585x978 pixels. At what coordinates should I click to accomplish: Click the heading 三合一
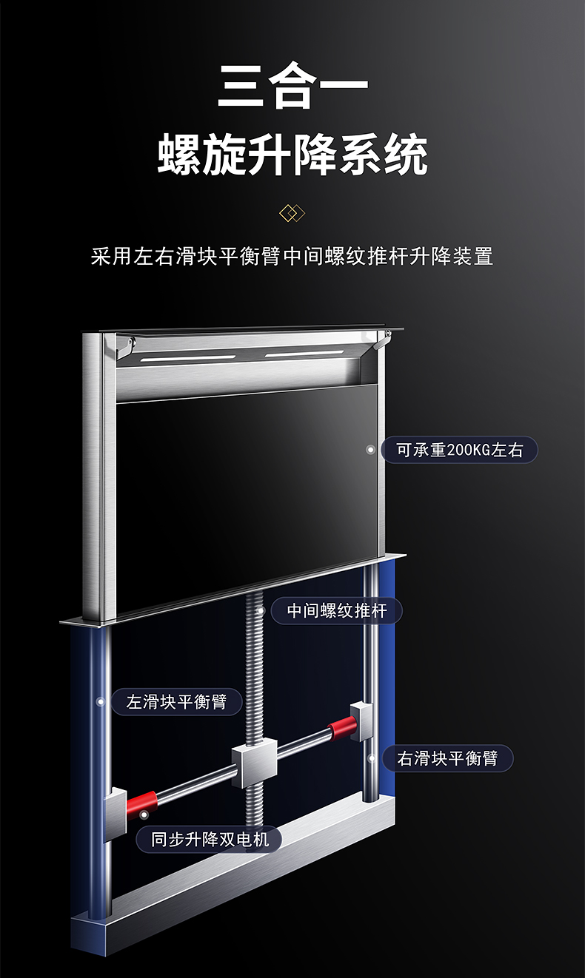pyautogui.click(x=292, y=87)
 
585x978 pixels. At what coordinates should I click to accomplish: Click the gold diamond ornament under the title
pyautogui.click(x=292, y=214)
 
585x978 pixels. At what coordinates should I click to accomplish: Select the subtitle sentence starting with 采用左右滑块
pyautogui.click(x=292, y=257)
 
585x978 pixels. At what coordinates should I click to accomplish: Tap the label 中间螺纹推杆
pyautogui.click(x=336, y=611)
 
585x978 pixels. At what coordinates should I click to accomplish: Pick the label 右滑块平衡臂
pyautogui.click(x=447, y=758)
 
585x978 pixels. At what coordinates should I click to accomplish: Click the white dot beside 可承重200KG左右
pyautogui.click(x=370, y=449)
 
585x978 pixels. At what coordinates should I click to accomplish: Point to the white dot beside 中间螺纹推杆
pyautogui.click(x=261, y=611)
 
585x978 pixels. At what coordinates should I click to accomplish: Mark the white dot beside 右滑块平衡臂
pyautogui.click(x=371, y=758)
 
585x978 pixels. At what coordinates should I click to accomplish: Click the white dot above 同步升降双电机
pyautogui.click(x=144, y=815)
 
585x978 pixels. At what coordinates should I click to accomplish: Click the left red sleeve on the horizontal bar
pyautogui.click(x=142, y=802)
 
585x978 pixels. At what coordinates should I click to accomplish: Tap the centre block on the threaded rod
pyautogui.click(x=254, y=763)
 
